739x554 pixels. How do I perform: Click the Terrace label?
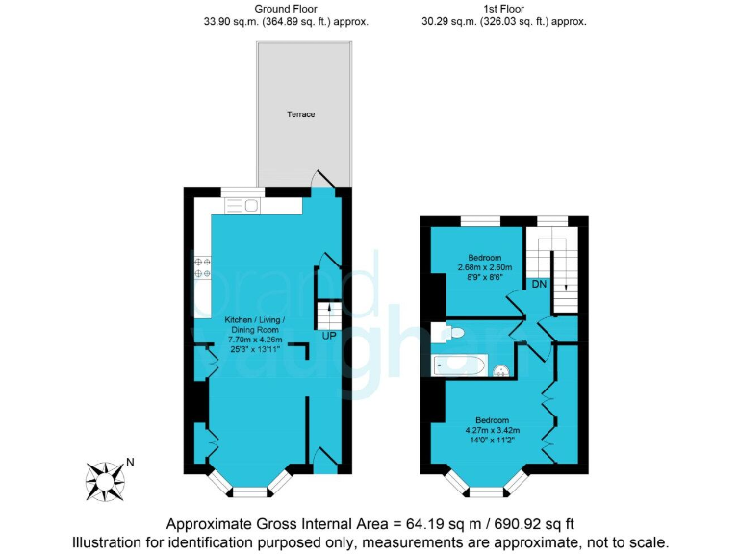[301, 114]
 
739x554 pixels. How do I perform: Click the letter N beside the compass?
[130, 462]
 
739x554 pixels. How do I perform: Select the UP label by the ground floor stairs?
[329, 336]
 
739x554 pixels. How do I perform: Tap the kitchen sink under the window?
[242, 205]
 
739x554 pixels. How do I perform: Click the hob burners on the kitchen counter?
[202, 266]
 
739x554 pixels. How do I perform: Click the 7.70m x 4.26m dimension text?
[255, 339]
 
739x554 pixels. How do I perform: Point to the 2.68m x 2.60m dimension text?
[484, 267]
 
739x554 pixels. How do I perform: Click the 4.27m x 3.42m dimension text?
[492, 430]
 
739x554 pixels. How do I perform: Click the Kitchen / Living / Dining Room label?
[255, 324]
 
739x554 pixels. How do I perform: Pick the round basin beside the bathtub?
[500, 371]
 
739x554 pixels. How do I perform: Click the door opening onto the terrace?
[326, 181]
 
